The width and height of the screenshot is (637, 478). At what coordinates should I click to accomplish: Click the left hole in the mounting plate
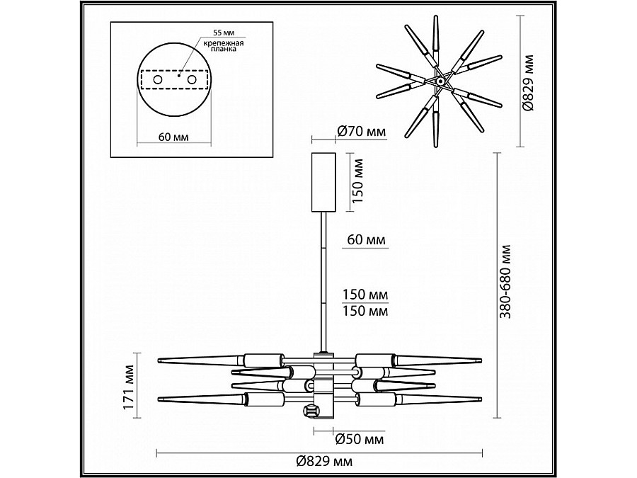(x=156, y=81)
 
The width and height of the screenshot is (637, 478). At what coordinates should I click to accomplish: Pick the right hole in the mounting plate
(x=192, y=81)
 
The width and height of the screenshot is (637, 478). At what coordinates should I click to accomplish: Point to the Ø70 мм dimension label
(x=361, y=131)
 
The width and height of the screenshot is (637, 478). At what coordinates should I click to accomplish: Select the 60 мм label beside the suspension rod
(x=367, y=241)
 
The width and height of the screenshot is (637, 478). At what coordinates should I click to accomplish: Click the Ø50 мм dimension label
(x=360, y=440)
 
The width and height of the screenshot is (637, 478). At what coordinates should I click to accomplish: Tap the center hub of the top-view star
(x=440, y=82)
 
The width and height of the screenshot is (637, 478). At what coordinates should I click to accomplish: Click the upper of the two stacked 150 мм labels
(x=367, y=295)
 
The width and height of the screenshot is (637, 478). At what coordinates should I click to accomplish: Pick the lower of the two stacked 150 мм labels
(x=367, y=310)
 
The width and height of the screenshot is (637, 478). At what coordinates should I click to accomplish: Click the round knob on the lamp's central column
(x=310, y=411)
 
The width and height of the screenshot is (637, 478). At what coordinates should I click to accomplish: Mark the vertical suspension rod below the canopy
(x=323, y=283)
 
